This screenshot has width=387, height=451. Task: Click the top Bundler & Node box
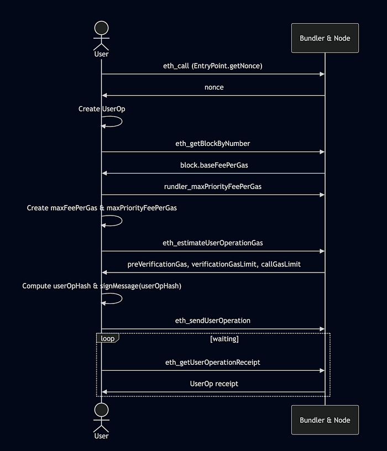(325, 38)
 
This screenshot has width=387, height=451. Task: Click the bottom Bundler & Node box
(325, 420)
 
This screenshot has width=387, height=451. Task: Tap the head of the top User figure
(101, 28)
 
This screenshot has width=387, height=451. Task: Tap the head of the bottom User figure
(101, 410)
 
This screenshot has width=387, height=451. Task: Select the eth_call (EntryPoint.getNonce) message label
(213, 66)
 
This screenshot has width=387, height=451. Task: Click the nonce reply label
(214, 87)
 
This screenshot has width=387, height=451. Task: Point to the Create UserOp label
(102, 109)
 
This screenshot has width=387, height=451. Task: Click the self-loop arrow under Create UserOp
(122, 121)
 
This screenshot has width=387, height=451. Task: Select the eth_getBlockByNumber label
(213, 144)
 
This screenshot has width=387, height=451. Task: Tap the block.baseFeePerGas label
(214, 165)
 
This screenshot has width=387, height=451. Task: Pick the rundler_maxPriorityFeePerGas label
(213, 187)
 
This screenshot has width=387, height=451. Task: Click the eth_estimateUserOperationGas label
(213, 243)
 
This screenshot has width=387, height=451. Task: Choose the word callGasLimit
(280, 264)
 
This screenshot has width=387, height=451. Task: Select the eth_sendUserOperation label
(213, 321)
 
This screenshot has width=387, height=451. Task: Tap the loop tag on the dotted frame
(108, 338)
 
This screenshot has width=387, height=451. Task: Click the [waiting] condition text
(224, 339)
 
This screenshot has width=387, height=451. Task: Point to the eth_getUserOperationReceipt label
(213, 363)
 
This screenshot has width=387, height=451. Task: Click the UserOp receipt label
(214, 384)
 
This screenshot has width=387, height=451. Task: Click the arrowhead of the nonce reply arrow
(104, 96)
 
